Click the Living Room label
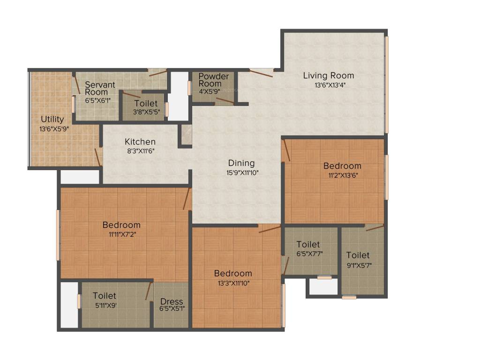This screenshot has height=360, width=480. click(329, 75)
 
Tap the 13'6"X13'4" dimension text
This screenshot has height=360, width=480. click(330, 85)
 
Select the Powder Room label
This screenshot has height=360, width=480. click(214, 80)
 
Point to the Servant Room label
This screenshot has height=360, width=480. click(100, 88)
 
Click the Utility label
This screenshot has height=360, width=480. click(52, 119)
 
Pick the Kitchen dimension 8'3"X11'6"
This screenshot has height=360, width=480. click(141, 151)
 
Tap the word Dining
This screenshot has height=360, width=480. click(241, 163)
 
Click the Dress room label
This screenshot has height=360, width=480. click(172, 301)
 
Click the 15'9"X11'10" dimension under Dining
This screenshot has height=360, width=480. click(242, 173)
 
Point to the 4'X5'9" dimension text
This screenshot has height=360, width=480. click(210, 91)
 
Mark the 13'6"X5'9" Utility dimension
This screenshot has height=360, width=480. click(54, 129)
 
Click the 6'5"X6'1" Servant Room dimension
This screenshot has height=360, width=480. click(98, 100)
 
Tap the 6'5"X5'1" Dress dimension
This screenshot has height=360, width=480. click(172, 308)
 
